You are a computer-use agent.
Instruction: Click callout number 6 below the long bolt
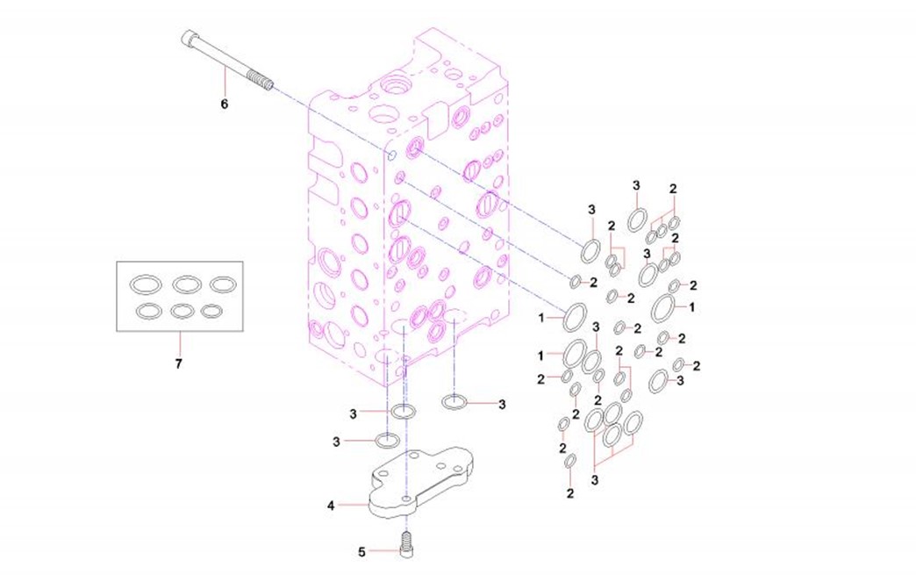click(x=224, y=104)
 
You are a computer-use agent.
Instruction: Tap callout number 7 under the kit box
click(x=178, y=363)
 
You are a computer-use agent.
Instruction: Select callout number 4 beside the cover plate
click(x=331, y=505)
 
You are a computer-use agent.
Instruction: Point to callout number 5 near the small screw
click(x=361, y=551)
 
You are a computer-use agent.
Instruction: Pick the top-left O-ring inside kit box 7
click(x=144, y=284)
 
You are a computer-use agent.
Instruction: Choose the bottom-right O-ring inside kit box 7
click(x=211, y=310)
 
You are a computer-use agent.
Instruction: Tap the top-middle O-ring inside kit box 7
click(x=188, y=284)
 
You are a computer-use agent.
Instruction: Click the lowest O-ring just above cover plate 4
click(x=388, y=440)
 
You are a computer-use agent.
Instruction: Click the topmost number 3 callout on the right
click(x=636, y=184)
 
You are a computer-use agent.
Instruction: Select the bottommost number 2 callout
click(x=570, y=493)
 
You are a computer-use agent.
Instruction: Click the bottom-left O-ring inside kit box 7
click(x=148, y=310)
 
